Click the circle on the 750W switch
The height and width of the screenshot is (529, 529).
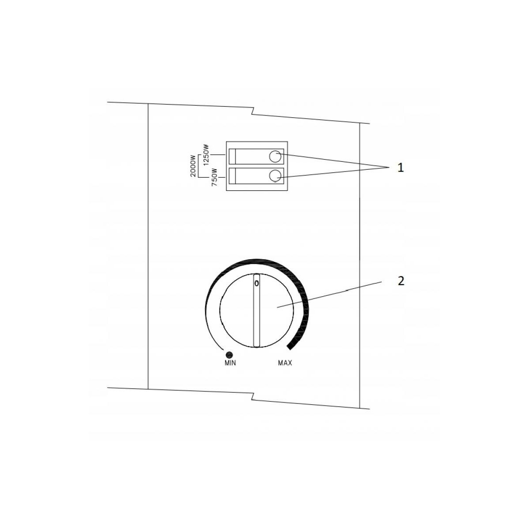click(275, 175)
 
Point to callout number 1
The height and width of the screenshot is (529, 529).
click(400, 168)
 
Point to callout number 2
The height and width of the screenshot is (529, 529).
click(400, 281)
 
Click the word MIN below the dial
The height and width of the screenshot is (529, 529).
click(230, 363)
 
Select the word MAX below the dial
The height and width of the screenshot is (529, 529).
click(285, 363)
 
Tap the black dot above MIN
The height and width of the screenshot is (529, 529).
click(229, 354)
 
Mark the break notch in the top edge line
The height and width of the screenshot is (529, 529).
click(252, 110)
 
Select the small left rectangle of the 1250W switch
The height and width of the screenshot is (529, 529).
click(232, 156)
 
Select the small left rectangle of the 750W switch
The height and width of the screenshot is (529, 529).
click(232, 175)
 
